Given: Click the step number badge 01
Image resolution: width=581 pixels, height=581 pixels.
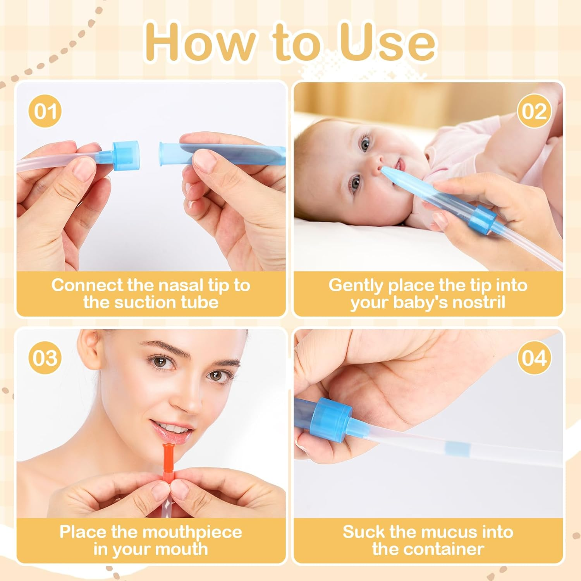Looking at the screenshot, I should [45, 111].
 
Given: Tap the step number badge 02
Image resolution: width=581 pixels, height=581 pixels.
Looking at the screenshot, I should [534, 111].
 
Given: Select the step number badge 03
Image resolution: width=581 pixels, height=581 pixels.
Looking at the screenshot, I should [45, 358].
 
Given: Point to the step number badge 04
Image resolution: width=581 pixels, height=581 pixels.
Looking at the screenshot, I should [534, 358].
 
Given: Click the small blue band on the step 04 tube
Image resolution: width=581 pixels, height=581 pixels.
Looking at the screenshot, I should [457, 449].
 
